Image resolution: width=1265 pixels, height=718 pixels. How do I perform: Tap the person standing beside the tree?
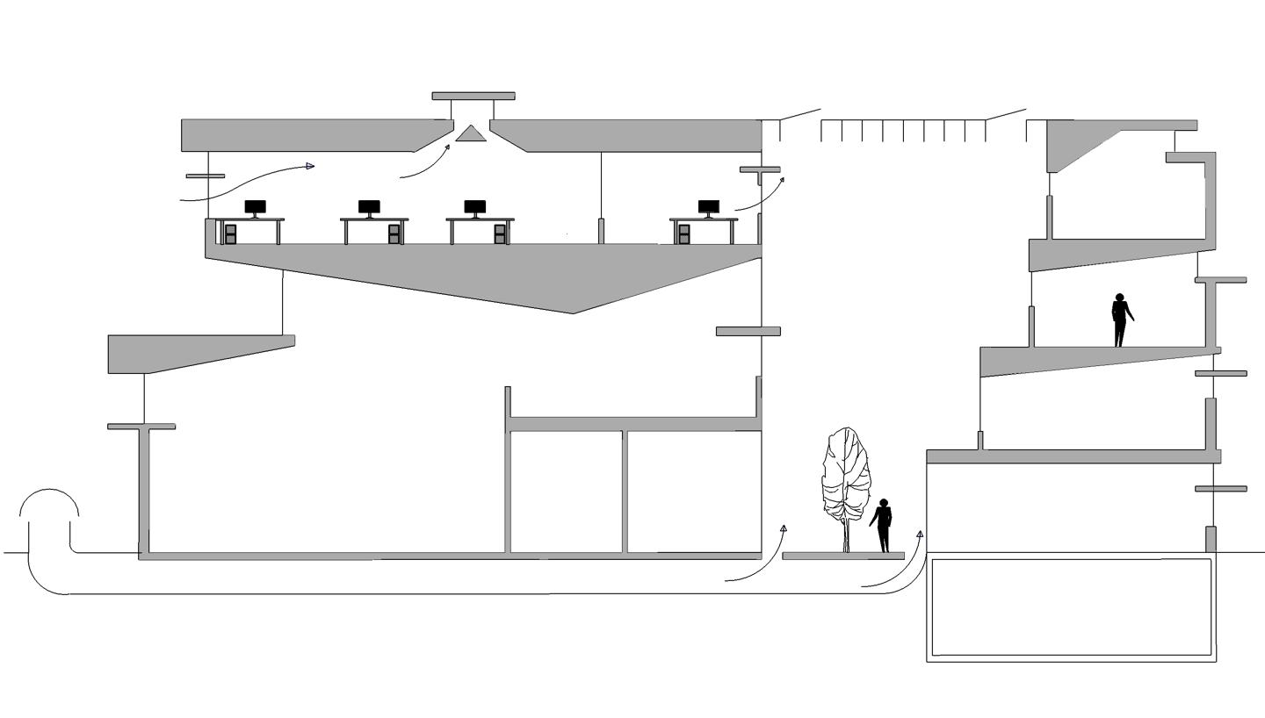coord(882,525)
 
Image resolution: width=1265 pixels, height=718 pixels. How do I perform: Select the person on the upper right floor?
coord(1120,320)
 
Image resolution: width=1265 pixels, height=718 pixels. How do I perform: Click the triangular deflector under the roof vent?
coord(470,133)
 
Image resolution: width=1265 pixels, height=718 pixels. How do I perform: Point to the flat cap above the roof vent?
coord(473,96)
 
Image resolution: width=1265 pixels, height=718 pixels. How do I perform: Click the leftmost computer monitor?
coord(255,208)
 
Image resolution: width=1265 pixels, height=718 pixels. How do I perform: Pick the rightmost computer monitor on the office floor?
coord(708,208)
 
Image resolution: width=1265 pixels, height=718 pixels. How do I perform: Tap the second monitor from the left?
coord(369,208)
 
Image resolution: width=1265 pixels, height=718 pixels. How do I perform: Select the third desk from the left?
coord(479,221)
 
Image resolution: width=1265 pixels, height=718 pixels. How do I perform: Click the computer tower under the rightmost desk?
coord(683,233)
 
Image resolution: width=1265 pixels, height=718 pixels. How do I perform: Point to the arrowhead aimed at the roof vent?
coord(447,147)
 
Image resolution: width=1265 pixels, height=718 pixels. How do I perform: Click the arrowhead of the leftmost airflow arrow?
coord(310,166)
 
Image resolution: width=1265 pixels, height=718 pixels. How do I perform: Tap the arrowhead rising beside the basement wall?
coord(920,534)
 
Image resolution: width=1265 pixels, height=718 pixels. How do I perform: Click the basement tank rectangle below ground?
coord(1072,607)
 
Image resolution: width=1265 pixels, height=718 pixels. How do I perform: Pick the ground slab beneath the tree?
coord(842,556)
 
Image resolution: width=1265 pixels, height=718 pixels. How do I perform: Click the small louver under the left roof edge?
coord(205,176)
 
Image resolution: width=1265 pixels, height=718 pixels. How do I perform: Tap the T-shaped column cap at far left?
coord(141,427)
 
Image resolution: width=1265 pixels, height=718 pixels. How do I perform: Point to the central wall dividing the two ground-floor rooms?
coord(625,492)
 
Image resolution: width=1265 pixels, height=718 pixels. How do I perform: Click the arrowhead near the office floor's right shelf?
coord(782,180)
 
